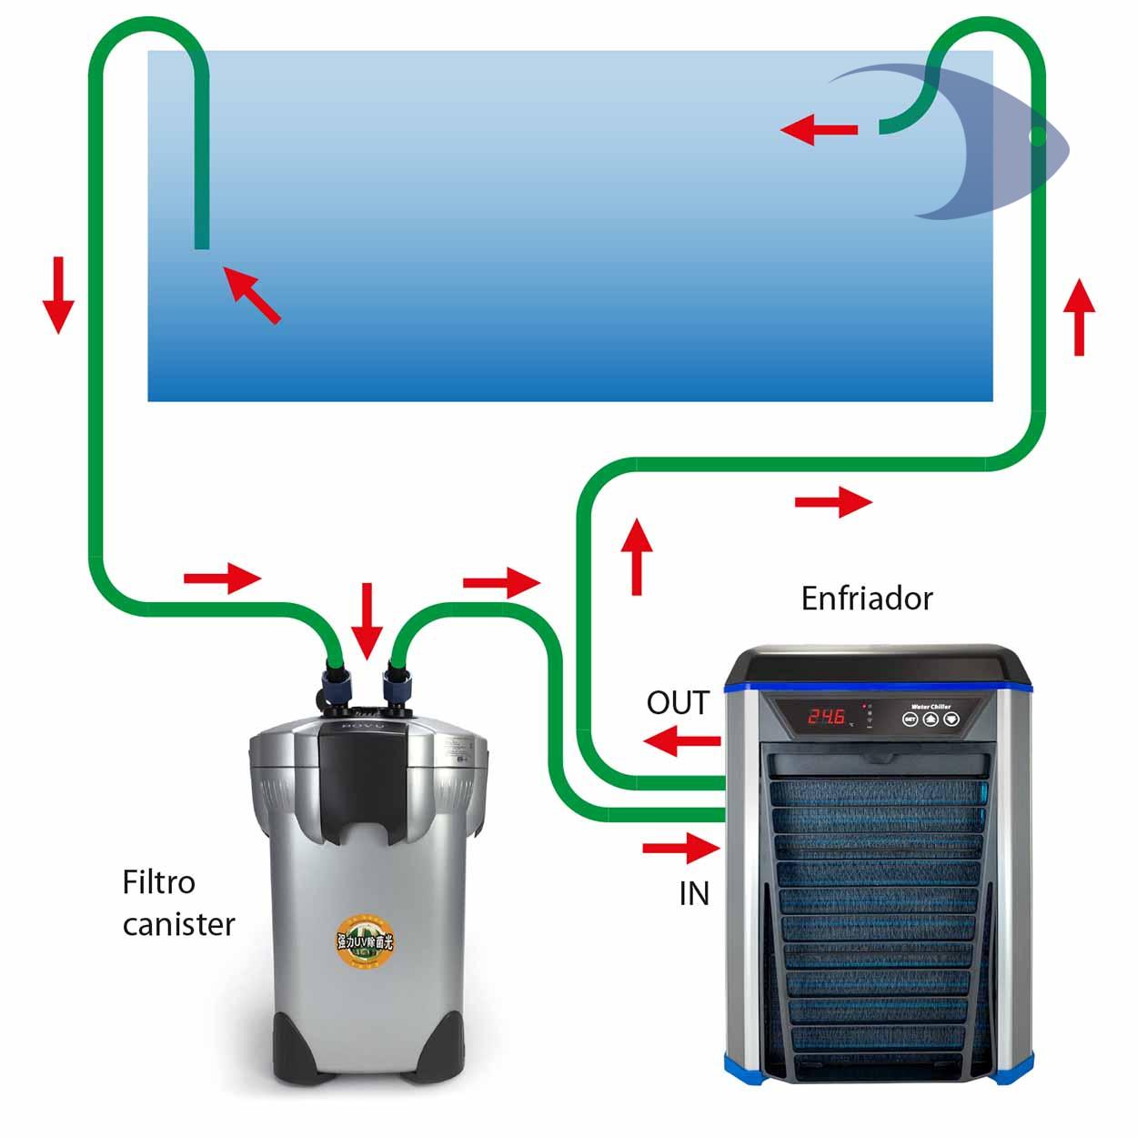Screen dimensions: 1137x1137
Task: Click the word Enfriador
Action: pyautogui.click(x=867, y=599)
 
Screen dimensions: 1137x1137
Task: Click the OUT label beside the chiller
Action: pyautogui.click(x=678, y=703)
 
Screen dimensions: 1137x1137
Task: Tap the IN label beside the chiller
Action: pyautogui.click(x=694, y=894)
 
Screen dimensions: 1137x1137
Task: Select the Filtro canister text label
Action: pyautogui.click(x=178, y=903)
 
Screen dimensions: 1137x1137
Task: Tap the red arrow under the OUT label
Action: pyautogui.click(x=681, y=741)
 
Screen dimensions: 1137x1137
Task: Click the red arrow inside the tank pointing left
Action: pyautogui.click(x=819, y=130)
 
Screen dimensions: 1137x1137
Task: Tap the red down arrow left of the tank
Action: pyautogui.click(x=57, y=295)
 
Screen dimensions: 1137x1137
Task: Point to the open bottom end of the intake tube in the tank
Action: pyautogui.click(x=202, y=244)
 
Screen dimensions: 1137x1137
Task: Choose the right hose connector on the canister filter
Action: pyautogui.click(x=397, y=682)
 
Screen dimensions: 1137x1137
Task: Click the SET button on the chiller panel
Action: pyautogui.click(x=910, y=719)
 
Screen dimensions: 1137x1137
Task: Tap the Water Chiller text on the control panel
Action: pyautogui.click(x=931, y=706)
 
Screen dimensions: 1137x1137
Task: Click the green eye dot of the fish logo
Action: pyautogui.click(x=1037, y=137)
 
